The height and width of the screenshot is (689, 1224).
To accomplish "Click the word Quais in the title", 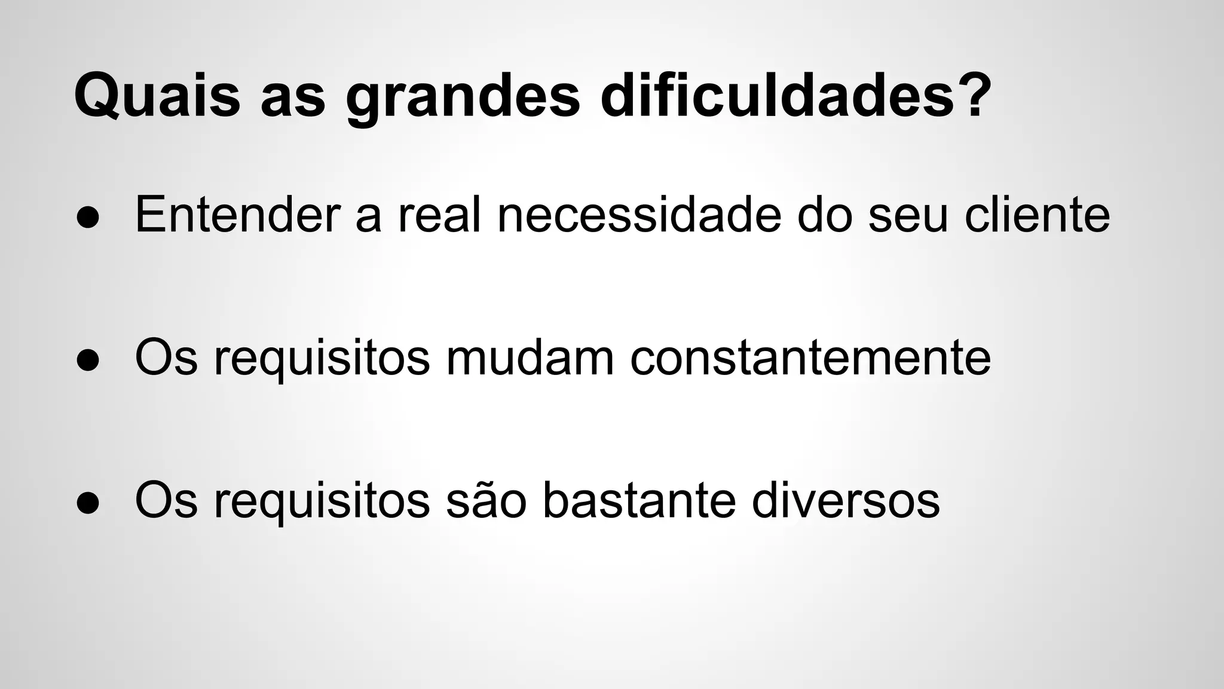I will pos(157,96).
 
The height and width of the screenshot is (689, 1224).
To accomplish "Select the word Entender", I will pos(237,215).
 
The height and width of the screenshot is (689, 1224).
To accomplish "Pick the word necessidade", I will pos(639,215).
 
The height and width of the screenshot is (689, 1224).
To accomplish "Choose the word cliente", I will pos(1037,215).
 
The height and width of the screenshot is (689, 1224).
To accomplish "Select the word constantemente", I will pos(810,359).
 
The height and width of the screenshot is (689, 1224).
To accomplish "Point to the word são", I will pos(486,501).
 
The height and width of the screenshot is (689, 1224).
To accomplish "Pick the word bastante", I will pos(639,501).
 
